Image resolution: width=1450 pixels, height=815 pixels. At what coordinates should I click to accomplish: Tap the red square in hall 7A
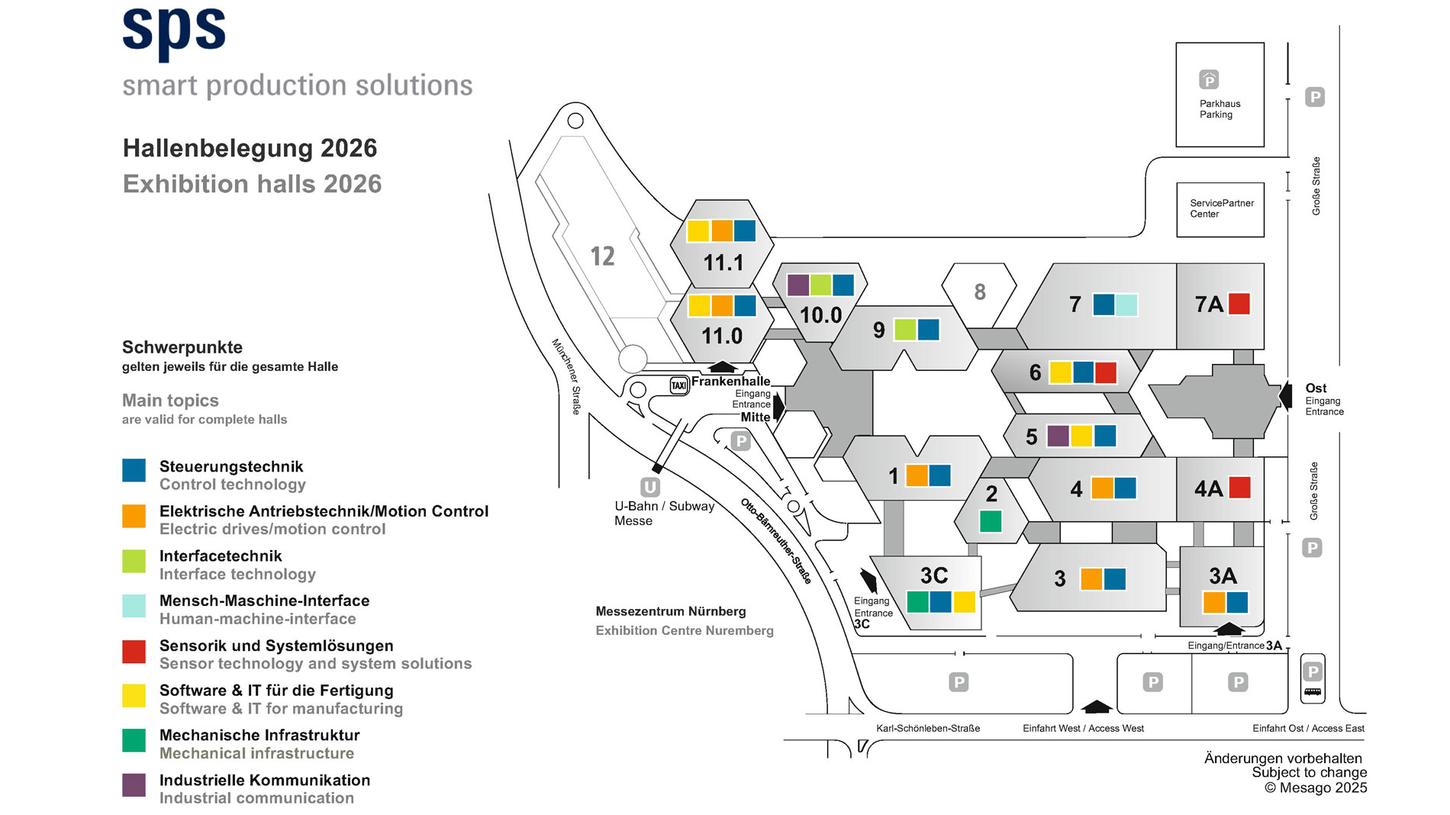point(1239,304)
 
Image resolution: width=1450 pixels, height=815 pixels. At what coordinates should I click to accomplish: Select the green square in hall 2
point(990,521)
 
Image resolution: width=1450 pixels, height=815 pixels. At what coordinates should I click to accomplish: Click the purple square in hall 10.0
point(797,285)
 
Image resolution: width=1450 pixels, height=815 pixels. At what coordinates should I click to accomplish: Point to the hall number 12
point(602,256)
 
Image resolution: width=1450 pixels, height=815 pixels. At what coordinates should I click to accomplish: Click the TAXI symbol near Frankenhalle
point(678,385)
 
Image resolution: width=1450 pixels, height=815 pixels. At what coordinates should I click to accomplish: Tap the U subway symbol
point(649,487)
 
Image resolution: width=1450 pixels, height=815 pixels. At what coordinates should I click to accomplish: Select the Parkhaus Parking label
point(1219,109)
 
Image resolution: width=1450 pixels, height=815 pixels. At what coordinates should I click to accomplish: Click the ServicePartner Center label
point(1221,208)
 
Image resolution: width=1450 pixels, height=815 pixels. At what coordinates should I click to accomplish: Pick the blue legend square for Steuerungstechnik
point(134,470)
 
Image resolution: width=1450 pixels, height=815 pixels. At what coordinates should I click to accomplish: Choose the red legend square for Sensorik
point(134,651)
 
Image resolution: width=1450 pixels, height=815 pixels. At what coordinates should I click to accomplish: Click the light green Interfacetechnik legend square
point(134,561)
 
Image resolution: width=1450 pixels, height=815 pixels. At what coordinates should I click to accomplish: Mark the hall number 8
point(980,292)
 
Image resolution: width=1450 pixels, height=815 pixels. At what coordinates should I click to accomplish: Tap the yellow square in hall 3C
point(964,602)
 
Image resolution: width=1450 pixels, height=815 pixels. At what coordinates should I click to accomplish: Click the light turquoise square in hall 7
point(1126,304)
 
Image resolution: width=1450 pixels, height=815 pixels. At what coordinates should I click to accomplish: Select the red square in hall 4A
point(1239,487)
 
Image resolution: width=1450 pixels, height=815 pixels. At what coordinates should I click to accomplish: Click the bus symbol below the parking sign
point(1313,692)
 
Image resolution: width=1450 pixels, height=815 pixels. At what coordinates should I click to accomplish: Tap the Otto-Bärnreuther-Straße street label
point(775,540)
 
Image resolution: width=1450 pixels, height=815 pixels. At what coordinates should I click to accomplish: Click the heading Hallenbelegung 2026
point(250,148)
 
